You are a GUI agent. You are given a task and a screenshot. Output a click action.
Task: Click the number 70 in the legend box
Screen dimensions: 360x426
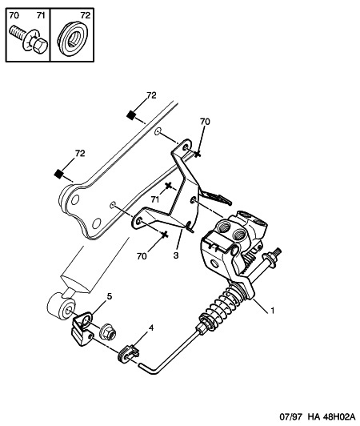tap(14, 15)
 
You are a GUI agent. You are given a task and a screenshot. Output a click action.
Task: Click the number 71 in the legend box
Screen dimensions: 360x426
tap(41, 15)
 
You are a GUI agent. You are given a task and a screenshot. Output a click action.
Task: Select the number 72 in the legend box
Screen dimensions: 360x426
tap(86, 15)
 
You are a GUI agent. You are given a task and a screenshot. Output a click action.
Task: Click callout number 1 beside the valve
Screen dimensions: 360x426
tap(272, 310)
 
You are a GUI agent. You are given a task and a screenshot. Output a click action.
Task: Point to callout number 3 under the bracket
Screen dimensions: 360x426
tap(176, 255)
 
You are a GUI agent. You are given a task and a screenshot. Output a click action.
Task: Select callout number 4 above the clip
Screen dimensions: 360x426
tap(151, 328)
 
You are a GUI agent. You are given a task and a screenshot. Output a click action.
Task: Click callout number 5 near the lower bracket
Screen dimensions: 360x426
tap(109, 296)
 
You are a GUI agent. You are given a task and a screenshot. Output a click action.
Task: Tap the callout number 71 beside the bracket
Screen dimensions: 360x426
tap(154, 199)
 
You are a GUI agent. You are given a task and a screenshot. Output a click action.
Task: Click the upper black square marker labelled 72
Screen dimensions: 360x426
tap(131, 115)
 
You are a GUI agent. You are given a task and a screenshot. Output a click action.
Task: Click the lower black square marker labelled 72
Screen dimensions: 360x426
tap(58, 173)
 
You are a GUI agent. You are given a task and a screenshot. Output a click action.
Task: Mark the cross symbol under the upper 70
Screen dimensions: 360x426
tap(198, 154)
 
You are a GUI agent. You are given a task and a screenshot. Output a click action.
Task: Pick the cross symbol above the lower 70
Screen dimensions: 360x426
tap(165, 234)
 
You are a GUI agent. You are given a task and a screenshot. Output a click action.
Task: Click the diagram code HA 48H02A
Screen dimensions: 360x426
tap(331, 416)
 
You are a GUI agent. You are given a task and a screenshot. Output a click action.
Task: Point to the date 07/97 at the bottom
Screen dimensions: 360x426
tap(292, 416)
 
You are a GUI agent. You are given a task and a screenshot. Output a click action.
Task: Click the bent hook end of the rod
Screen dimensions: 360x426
tap(148, 370)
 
